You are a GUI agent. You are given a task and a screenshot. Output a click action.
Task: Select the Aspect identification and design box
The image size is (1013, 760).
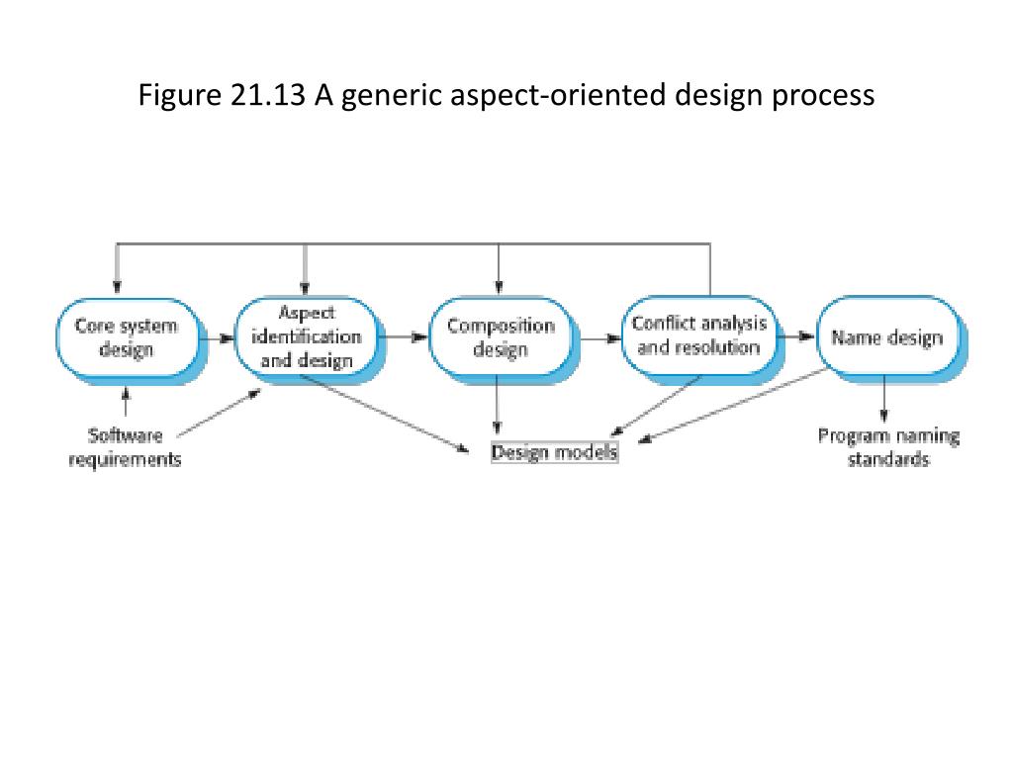click(307, 337)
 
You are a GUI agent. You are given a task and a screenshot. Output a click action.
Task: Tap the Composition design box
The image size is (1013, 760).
click(501, 337)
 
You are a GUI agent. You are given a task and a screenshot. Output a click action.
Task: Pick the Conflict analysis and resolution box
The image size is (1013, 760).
click(698, 336)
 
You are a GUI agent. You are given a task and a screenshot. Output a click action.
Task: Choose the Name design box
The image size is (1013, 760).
click(887, 337)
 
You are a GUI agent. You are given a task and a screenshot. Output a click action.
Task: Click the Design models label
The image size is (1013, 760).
click(554, 452)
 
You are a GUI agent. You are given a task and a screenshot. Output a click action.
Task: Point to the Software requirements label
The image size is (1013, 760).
click(125, 447)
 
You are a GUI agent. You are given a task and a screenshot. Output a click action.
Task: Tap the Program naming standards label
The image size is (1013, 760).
click(888, 447)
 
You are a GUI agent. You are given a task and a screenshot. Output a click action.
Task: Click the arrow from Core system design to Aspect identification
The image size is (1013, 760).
click(218, 337)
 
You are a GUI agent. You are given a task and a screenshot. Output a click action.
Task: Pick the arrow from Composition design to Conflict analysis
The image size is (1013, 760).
click(599, 337)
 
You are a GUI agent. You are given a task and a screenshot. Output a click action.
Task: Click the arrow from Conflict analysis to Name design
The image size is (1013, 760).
click(794, 336)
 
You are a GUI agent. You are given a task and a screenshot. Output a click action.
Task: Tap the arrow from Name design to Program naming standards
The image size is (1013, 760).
click(884, 401)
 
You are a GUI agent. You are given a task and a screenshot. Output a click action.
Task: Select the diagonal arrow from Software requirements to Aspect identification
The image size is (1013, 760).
click(220, 411)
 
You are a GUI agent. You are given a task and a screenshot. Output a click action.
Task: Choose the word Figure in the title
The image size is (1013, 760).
click(173, 96)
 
